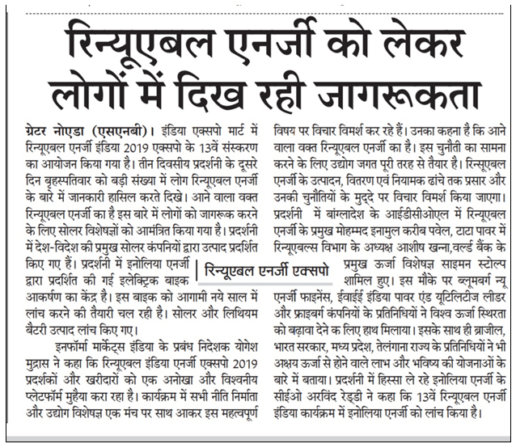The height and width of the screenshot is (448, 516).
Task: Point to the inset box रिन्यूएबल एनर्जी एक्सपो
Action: pos(272,269)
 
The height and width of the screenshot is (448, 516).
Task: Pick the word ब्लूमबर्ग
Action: pos(460,281)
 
